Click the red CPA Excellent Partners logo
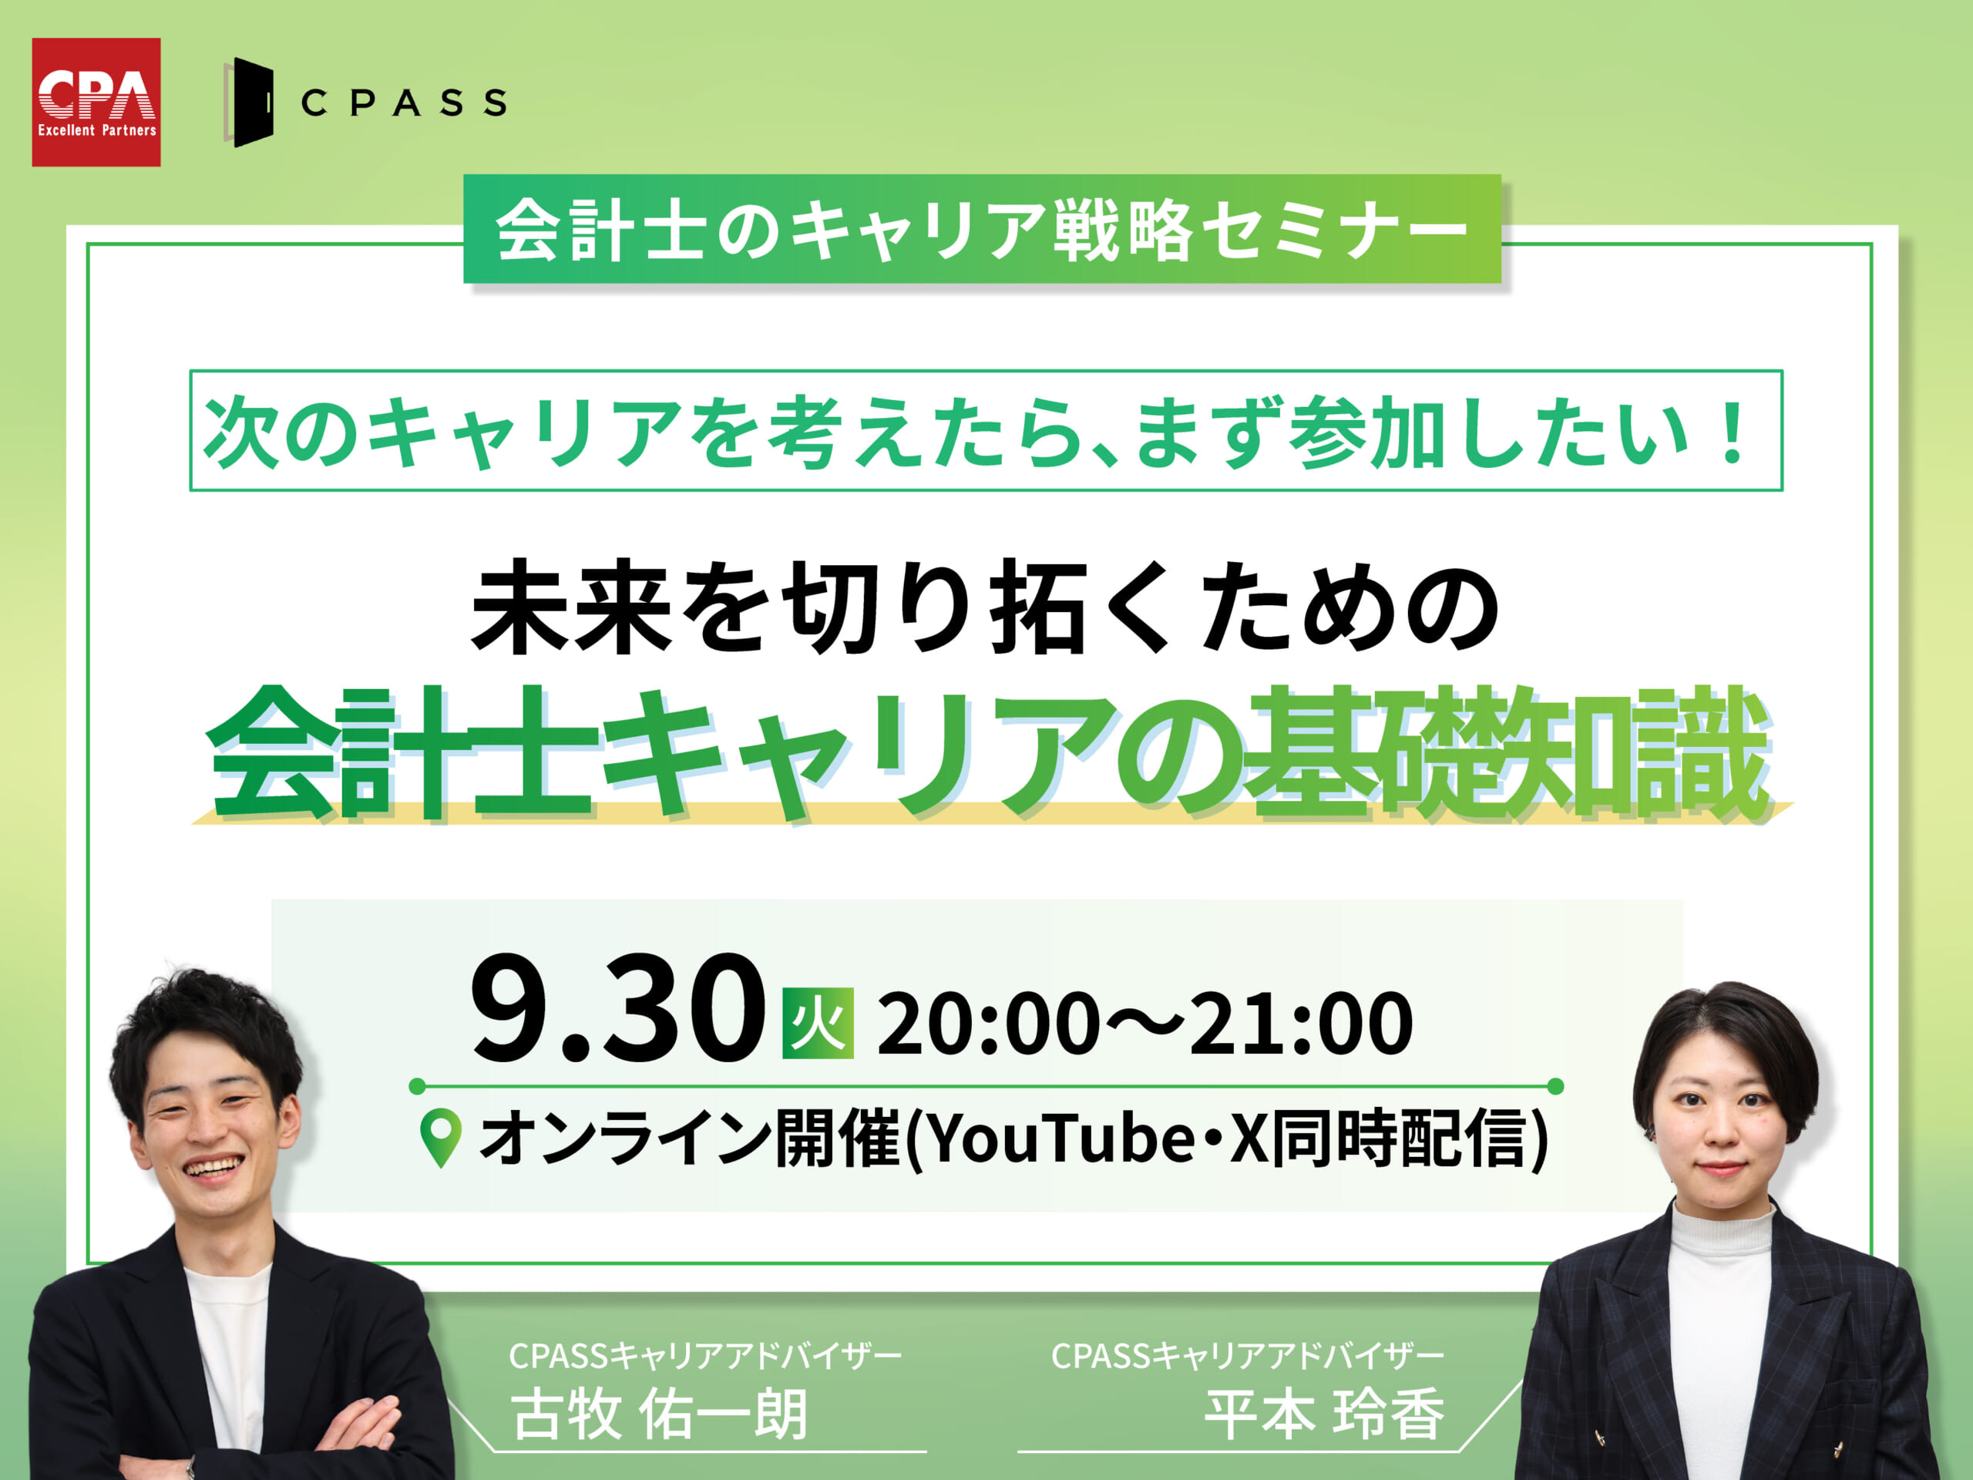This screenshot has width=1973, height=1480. click(96, 102)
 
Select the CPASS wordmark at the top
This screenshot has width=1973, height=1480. click(404, 103)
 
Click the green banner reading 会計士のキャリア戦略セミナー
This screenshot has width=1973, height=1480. click(982, 229)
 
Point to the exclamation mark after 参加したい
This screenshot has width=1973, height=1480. click(1733, 433)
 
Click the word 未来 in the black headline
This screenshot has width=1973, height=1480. click(571, 607)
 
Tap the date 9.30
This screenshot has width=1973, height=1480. click(618, 1009)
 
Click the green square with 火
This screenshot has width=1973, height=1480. click(818, 1023)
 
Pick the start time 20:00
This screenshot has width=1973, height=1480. click(988, 1024)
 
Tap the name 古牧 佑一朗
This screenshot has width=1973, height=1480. click(659, 1414)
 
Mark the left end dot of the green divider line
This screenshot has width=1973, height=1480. click(416, 1085)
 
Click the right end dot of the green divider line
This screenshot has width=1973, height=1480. click(1555, 1085)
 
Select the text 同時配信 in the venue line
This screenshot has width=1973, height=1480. click(1400, 1140)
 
